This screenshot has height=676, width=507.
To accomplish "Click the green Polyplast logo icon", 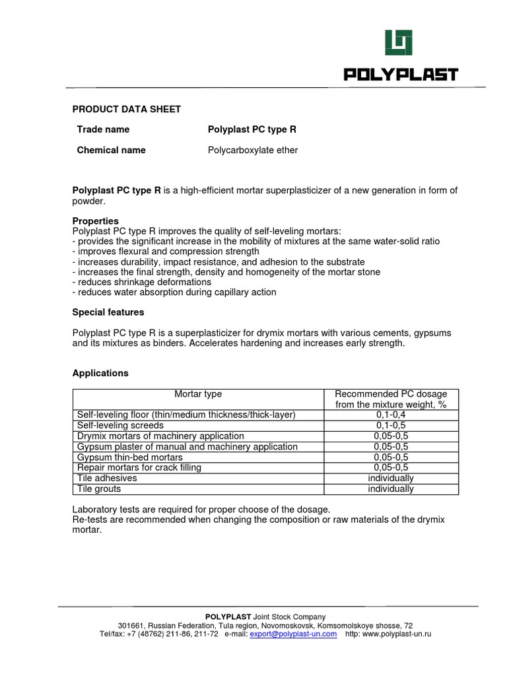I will point(399,43).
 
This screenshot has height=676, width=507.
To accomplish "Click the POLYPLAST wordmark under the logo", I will point(401,74).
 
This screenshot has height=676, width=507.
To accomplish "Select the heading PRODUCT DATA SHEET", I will point(126,109).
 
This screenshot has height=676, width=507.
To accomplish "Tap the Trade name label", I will point(103,129).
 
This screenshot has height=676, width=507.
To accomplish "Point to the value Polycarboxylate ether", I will point(253,150).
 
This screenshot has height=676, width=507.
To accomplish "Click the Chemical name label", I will point(111,150).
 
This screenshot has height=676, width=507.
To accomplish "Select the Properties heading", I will point(95,220).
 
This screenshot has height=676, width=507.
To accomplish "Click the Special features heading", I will point(108,312).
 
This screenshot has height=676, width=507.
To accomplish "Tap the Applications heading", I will point(100,373).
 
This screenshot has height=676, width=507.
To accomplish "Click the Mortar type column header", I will point(198,394).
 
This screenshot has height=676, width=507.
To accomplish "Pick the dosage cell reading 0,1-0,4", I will point(391,415).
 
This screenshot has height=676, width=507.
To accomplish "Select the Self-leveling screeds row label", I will point(120,425).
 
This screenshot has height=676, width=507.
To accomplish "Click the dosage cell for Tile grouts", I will point(391,489).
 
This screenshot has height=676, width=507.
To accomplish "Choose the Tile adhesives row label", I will point(107,478).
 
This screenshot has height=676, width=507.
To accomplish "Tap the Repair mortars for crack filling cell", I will point(139,467).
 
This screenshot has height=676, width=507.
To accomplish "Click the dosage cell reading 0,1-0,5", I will point(391,425).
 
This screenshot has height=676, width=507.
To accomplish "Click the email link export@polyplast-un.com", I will point(293,634).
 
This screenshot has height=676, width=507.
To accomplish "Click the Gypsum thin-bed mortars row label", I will point(130,457).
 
